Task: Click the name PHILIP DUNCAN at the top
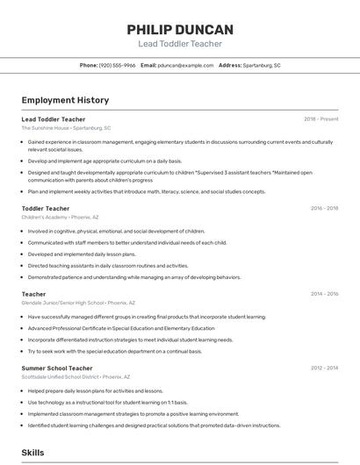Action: [180, 29]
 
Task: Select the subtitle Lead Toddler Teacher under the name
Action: [180, 44]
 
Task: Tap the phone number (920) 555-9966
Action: [117, 65]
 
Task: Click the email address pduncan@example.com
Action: [185, 65]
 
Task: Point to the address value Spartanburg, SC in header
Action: [262, 65]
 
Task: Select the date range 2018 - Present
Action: [321, 118]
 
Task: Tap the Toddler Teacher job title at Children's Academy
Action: [46, 208]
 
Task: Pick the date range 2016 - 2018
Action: [324, 208]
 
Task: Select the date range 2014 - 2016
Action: [324, 294]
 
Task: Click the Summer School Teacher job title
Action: [57, 368]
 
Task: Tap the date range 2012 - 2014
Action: [324, 368]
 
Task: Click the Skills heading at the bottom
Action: [32, 452]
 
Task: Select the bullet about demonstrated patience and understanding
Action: [133, 276]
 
